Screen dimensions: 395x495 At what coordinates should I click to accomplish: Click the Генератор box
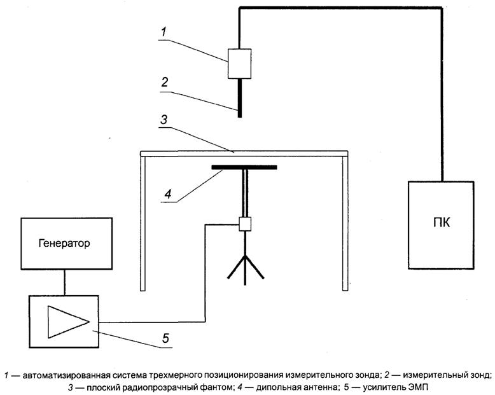(x=62, y=242)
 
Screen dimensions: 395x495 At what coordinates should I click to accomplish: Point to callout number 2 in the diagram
(x=164, y=81)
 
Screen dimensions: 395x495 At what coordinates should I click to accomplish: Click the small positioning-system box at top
(x=239, y=64)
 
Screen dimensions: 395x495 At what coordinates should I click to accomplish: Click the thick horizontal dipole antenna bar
(x=244, y=169)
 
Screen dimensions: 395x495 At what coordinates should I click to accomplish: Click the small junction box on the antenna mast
(x=245, y=223)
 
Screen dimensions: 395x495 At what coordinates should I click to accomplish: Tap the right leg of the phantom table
(x=345, y=223)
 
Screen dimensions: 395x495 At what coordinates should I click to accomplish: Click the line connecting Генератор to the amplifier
(x=62, y=282)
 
